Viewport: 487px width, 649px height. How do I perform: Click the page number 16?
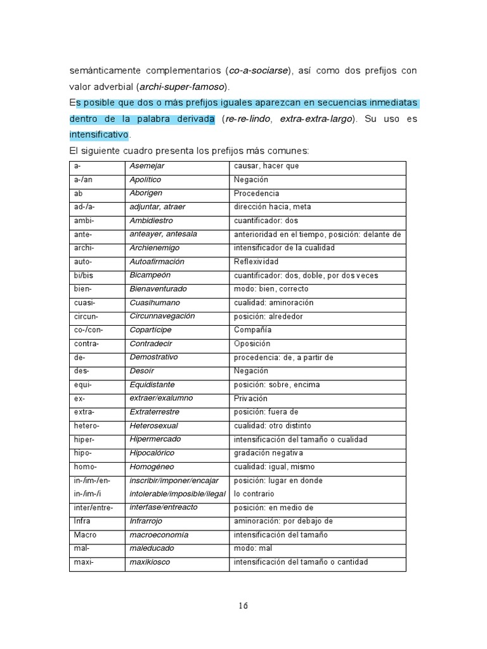[243, 605]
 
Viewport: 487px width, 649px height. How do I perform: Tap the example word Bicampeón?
[150, 275]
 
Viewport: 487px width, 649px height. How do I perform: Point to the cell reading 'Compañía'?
[252, 330]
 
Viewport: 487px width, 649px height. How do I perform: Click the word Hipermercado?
[155, 439]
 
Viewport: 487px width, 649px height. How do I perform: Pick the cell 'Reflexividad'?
[256, 262]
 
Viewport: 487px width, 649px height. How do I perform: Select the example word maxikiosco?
[150, 562]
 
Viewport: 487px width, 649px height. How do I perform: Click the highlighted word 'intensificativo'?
[99, 134]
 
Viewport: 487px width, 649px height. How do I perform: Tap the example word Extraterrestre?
[154, 412]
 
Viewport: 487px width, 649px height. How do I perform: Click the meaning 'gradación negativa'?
[268, 453]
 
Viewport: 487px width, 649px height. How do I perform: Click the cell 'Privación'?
[250, 399]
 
